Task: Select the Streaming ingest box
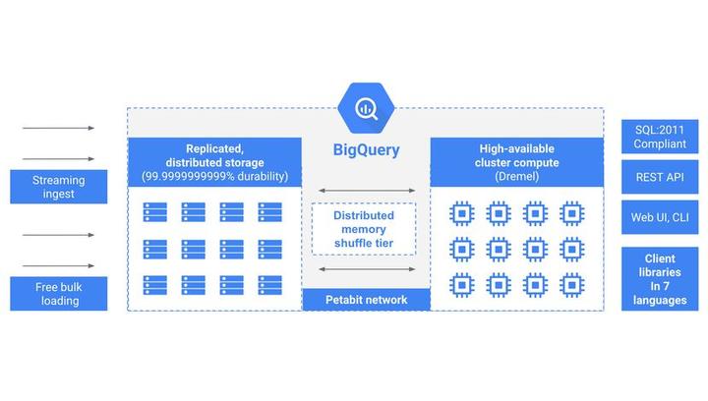pyautogui.click(x=58, y=187)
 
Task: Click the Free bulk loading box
pyautogui.click(x=58, y=294)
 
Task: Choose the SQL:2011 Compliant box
pyautogui.click(x=660, y=137)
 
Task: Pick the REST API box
pyautogui.click(x=660, y=177)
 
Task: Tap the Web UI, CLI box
pyautogui.click(x=660, y=217)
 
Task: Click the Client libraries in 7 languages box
pyautogui.click(x=660, y=279)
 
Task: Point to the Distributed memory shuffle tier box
pyautogui.click(x=364, y=229)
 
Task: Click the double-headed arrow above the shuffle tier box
pyautogui.click(x=364, y=191)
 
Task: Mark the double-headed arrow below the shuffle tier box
pyautogui.click(x=364, y=267)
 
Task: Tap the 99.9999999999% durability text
pyautogui.click(x=213, y=177)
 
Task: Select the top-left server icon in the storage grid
pyautogui.click(x=154, y=211)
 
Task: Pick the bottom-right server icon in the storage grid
pyautogui.click(x=269, y=284)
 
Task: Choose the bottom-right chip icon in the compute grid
pyautogui.click(x=569, y=285)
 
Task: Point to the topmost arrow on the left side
pyautogui.click(x=58, y=128)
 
